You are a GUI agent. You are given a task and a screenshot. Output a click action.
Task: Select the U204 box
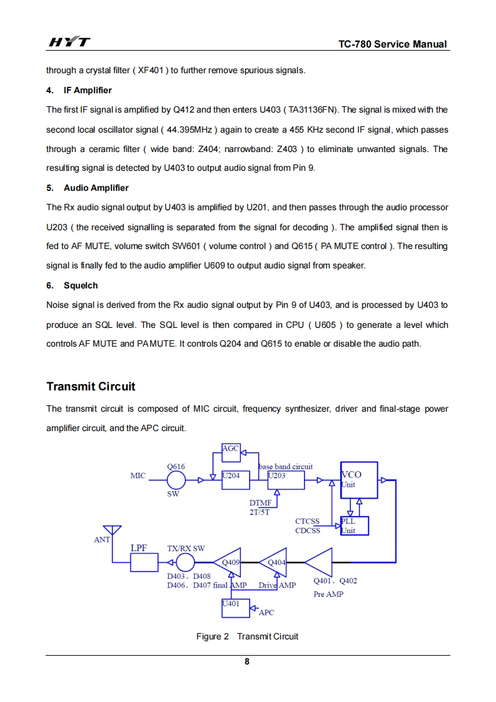coord(235,480)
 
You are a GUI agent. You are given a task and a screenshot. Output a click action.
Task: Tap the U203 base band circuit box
coord(286,480)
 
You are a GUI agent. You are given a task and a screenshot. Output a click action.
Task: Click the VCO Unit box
coord(359,480)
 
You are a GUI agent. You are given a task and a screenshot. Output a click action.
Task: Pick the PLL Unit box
coord(355,526)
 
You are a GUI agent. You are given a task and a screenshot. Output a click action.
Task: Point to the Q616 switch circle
coord(176,481)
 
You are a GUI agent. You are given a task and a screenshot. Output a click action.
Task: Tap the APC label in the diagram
coord(266,613)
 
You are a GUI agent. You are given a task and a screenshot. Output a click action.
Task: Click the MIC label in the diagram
coord(138,476)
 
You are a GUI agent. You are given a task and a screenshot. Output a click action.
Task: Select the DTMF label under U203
coord(260,503)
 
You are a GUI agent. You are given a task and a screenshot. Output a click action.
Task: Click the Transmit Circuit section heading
coord(91,386)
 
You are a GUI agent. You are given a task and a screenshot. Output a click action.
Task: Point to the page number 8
coord(247,661)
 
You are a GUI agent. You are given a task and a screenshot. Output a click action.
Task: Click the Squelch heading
coord(81,285)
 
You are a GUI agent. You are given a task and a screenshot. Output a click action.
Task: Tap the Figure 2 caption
coord(247,636)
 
